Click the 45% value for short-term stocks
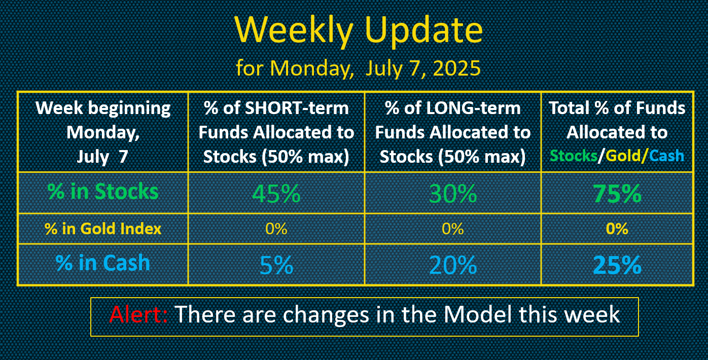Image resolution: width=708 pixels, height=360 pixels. [x=276, y=193]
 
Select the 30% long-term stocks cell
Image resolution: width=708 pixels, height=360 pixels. [x=452, y=193]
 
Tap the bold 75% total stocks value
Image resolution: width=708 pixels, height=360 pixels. [x=617, y=193]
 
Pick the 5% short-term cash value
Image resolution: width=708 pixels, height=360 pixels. [x=276, y=265]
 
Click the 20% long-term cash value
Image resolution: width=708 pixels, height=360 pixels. [x=452, y=265]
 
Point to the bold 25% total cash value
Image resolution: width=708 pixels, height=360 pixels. [x=617, y=265]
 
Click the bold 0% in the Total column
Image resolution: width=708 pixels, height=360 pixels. [x=617, y=229]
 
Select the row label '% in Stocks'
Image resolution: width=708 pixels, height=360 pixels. [x=103, y=192]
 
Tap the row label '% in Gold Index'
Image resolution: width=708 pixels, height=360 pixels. [x=103, y=229]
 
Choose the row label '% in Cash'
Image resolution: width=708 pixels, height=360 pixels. [x=103, y=263]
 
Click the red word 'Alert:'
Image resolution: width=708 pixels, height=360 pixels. [x=138, y=314]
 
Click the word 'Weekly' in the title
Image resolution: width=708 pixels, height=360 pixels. [x=294, y=30]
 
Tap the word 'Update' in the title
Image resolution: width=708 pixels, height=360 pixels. [x=424, y=30]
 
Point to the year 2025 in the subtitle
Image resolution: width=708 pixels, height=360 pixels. [x=457, y=68]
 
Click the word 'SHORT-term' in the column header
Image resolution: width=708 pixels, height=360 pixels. [x=297, y=108]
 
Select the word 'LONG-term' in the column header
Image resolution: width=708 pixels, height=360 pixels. [x=473, y=108]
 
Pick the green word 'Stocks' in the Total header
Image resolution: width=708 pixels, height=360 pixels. [x=574, y=156]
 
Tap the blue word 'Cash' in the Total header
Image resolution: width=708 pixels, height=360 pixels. [x=666, y=156]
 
